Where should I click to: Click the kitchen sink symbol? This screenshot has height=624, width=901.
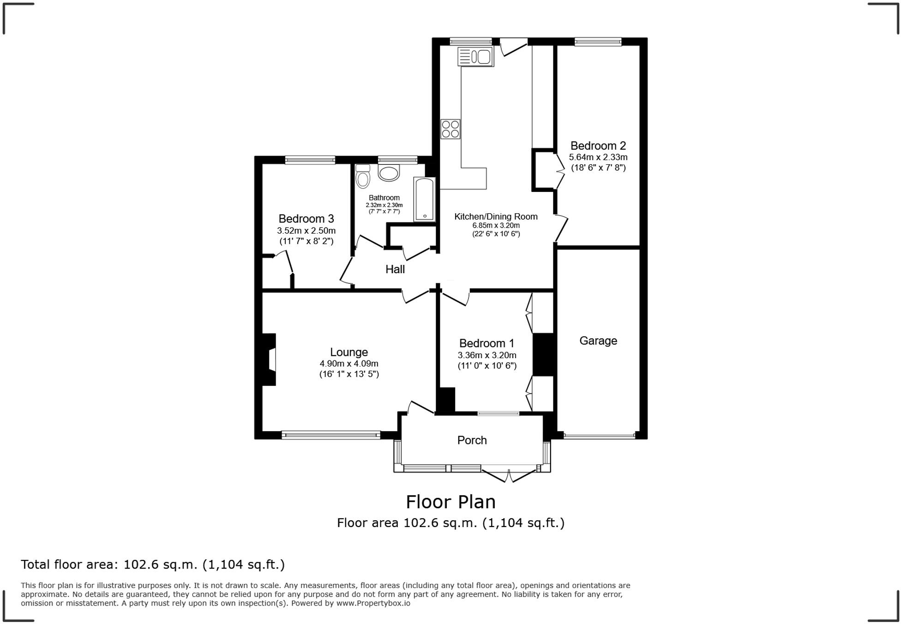475,57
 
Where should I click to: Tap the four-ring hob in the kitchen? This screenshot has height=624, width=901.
450,129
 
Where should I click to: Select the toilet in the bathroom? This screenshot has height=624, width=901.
363,176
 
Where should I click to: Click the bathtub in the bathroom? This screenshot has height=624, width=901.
425,199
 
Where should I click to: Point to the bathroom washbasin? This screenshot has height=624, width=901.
389,173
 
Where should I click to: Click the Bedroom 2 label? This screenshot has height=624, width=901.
598,146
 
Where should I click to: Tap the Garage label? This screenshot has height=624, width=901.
598,341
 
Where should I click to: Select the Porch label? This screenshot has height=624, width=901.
472,440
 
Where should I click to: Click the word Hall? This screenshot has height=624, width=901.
395,269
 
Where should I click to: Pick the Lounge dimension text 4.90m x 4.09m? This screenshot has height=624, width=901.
349,364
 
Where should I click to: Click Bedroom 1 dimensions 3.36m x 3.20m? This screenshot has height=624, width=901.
487,355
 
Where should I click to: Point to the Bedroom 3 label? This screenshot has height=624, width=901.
306,219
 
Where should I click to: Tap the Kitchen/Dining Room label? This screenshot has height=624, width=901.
496,216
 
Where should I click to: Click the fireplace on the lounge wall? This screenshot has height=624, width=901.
269,359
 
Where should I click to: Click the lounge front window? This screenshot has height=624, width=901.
331,435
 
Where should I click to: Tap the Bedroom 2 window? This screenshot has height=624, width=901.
598,42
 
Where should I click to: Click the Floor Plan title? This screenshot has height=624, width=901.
451,502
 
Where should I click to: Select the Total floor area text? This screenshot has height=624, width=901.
153,564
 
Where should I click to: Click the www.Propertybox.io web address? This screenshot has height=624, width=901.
373,603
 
